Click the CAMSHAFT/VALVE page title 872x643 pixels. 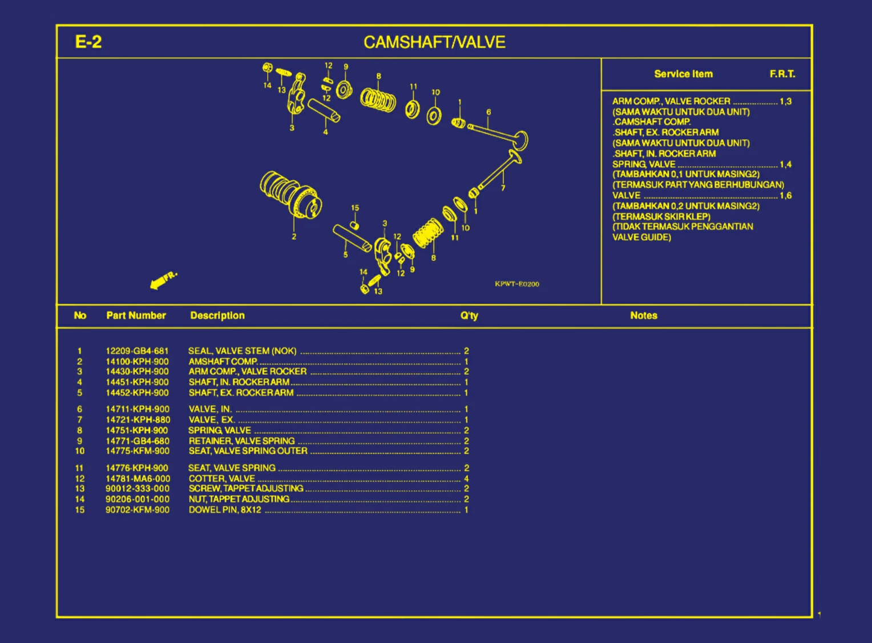pyautogui.click(x=434, y=42)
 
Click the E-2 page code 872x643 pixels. pyautogui.click(x=88, y=42)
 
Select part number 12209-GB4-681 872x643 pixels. pyautogui.click(x=137, y=351)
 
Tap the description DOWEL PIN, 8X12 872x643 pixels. pyautogui.click(x=225, y=509)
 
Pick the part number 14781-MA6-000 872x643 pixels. pyautogui.click(x=138, y=479)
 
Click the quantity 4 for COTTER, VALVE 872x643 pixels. pyautogui.click(x=466, y=479)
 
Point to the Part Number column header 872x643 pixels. pyautogui.click(x=136, y=316)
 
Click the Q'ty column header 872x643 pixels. pyautogui.click(x=469, y=316)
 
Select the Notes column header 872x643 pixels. pyautogui.click(x=643, y=316)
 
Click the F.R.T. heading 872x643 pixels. pyautogui.click(x=782, y=74)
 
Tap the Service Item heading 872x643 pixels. pyautogui.click(x=683, y=74)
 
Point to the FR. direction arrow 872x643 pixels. pyautogui.click(x=163, y=280)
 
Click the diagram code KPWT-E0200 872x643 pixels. pyautogui.click(x=516, y=284)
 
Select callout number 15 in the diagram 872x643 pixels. pyautogui.click(x=355, y=208)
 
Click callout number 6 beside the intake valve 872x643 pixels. pyautogui.click(x=489, y=112)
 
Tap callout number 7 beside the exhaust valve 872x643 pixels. pyautogui.click(x=503, y=188)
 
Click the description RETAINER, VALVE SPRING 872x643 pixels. pyautogui.click(x=241, y=441)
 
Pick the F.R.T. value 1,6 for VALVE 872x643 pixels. pyautogui.click(x=785, y=196)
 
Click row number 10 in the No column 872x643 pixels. pyautogui.click(x=80, y=451)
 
